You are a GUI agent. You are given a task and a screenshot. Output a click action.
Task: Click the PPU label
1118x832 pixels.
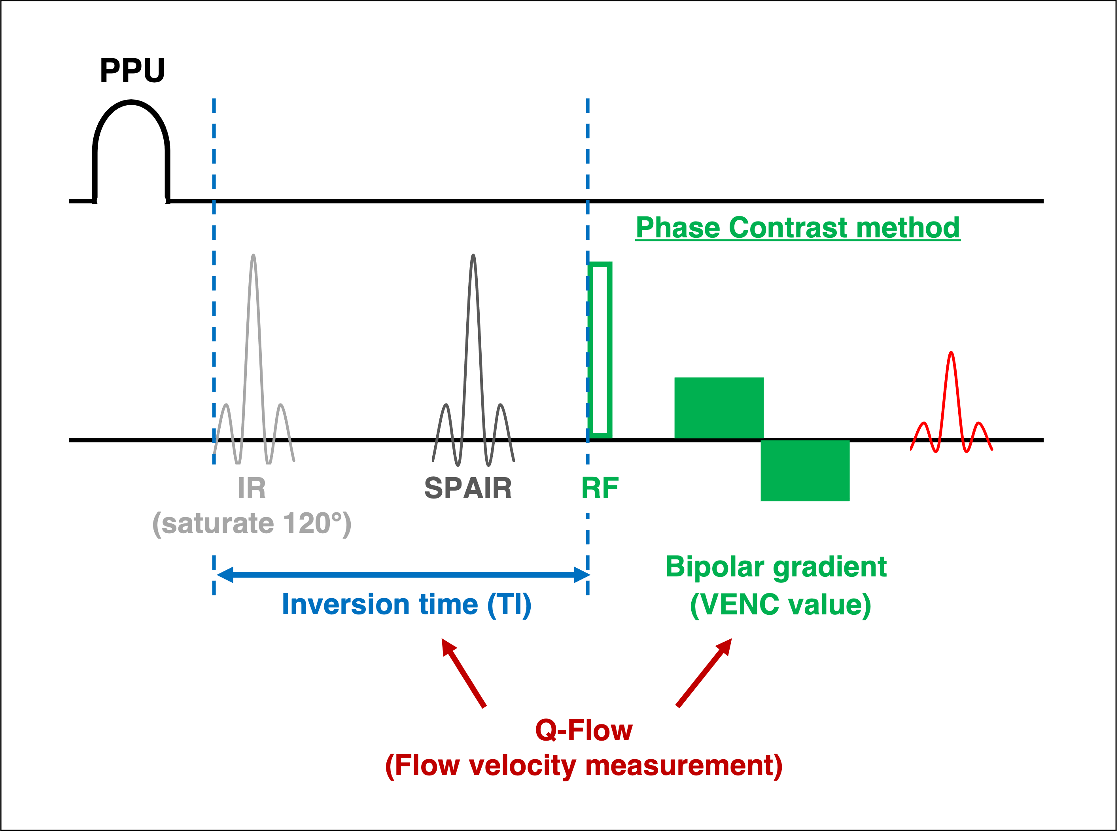point(132,70)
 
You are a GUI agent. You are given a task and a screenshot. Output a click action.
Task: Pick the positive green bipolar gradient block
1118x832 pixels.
point(719,408)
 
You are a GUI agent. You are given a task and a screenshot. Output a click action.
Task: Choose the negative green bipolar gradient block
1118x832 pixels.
point(805,470)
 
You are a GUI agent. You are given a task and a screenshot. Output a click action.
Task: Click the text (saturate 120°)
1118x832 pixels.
point(252,523)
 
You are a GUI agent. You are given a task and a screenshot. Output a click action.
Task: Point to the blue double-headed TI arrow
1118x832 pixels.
point(403,574)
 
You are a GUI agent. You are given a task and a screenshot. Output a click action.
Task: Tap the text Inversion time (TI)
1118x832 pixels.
point(406,605)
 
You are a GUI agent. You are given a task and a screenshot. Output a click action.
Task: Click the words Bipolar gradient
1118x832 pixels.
point(776,567)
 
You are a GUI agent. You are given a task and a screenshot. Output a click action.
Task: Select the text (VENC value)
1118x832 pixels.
point(780,605)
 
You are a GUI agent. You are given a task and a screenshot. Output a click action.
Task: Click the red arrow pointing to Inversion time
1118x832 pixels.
point(463,672)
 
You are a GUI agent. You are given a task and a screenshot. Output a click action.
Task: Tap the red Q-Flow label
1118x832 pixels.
point(584,730)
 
